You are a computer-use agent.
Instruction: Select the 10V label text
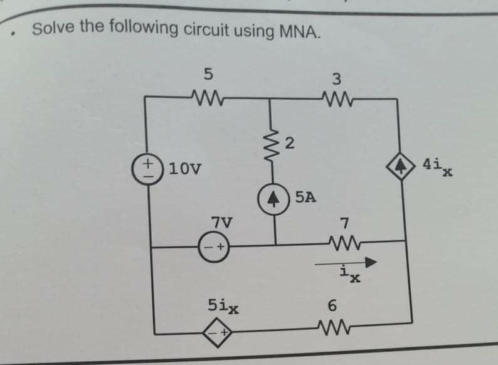click(183, 168)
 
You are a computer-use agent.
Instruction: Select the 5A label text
click(305, 198)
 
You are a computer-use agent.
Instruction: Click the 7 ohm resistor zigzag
click(342, 241)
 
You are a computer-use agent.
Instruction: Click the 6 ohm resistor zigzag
click(333, 325)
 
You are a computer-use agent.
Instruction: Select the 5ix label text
click(223, 307)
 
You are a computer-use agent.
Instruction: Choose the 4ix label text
click(437, 167)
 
